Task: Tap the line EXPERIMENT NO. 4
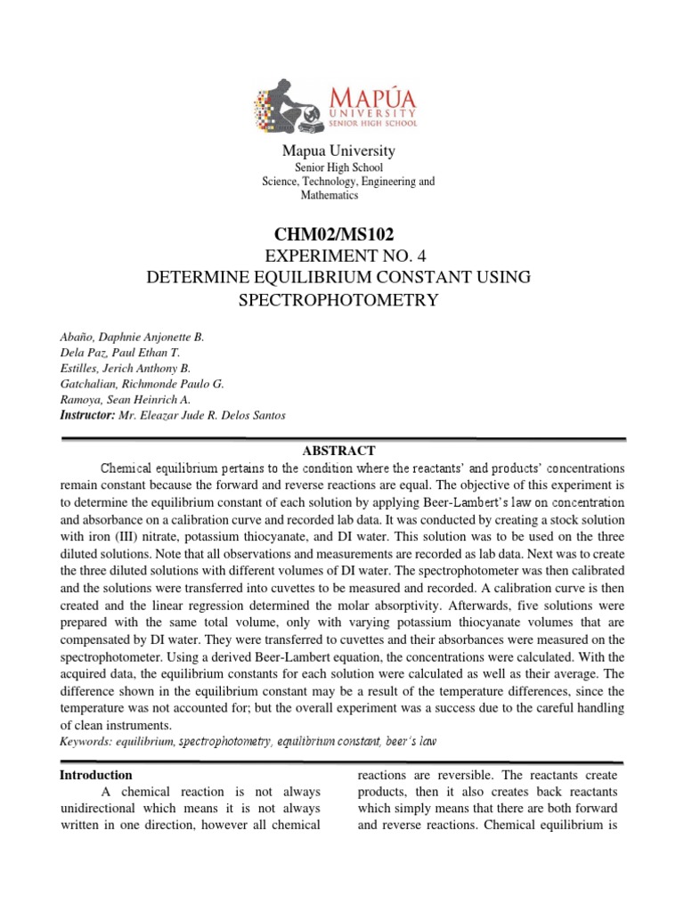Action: [338, 257]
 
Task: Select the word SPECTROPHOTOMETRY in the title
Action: [338, 299]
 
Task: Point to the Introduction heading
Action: [96, 775]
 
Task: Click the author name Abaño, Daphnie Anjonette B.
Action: [131, 336]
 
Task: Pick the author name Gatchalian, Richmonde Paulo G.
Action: [142, 384]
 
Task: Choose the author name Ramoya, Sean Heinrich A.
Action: [125, 400]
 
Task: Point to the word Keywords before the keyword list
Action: [86, 741]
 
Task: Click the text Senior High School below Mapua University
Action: [338, 167]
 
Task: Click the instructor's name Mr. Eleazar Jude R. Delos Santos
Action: [202, 416]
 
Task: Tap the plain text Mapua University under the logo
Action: [338, 151]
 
